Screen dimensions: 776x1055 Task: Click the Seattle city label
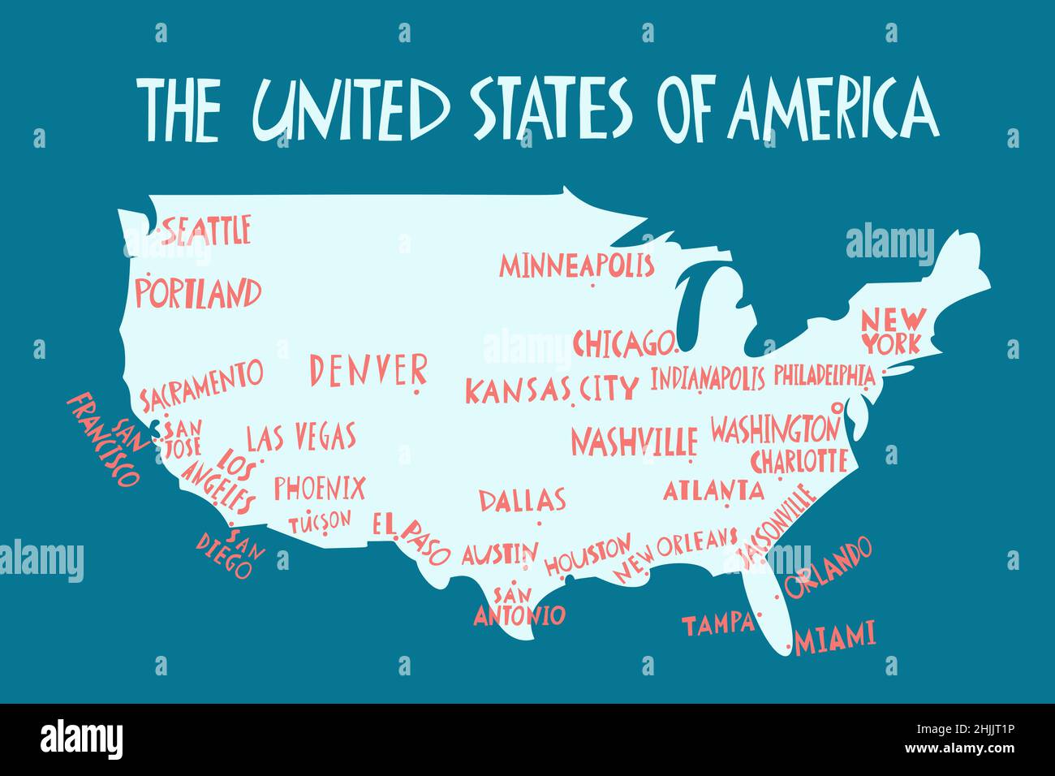tap(206, 230)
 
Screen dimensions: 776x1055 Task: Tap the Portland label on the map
tap(198, 292)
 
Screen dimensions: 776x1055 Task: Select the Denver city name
tap(368, 370)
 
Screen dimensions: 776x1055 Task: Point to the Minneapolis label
tap(576, 265)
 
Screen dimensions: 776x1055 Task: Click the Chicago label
tap(623, 343)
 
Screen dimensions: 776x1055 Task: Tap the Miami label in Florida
tap(835, 638)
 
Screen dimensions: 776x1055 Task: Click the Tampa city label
tap(717, 624)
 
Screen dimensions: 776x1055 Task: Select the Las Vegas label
tap(301, 437)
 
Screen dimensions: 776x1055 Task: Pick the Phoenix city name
tap(319, 488)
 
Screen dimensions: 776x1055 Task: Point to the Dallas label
tap(522, 499)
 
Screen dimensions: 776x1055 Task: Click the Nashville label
tap(634, 442)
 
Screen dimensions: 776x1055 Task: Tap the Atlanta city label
tap(713, 490)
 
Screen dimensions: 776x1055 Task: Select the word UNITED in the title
tap(351, 109)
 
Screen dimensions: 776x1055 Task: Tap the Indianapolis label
tap(707, 378)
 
